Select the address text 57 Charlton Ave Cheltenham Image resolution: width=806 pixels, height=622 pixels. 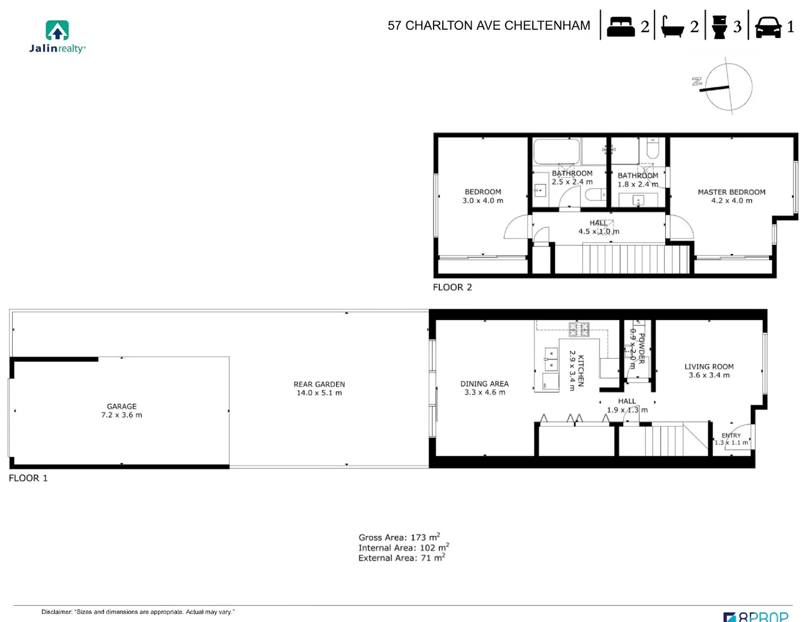[489, 26]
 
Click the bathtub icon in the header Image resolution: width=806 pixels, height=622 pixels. [672, 26]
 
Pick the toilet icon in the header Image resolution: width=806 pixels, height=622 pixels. [720, 26]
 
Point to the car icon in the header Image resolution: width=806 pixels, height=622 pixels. [768, 26]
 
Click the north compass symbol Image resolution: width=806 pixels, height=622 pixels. [728, 87]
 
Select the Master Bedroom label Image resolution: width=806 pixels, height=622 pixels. [731, 196]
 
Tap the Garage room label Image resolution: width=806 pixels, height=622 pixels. [122, 411]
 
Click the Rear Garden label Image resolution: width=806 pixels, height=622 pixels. [319, 389]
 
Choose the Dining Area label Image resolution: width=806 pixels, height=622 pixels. [484, 388]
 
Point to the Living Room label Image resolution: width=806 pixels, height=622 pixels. [709, 371]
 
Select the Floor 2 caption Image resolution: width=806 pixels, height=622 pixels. [452, 287]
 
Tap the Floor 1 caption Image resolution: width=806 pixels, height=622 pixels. [28, 478]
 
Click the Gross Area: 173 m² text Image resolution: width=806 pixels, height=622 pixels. [399, 537]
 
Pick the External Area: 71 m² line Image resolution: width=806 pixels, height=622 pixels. [401, 558]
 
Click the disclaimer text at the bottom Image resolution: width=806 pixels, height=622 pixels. [138, 612]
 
